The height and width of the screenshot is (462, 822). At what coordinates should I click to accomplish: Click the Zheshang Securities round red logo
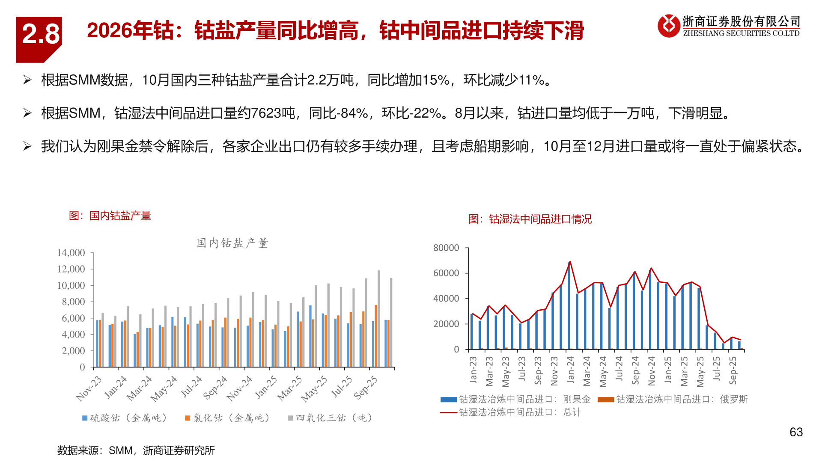click(669, 26)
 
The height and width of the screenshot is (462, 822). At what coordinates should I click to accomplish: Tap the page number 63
click(796, 432)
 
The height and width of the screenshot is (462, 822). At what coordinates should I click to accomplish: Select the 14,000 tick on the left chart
click(71, 253)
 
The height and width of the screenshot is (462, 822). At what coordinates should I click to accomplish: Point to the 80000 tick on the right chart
click(446, 248)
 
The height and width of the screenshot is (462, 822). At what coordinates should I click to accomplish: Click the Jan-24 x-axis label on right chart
click(571, 370)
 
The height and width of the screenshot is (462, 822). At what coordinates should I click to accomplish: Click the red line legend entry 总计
click(511, 412)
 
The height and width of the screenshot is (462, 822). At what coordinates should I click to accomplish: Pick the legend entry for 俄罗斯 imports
click(673, 400)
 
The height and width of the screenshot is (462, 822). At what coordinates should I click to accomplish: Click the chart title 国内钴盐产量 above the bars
click(232, 243)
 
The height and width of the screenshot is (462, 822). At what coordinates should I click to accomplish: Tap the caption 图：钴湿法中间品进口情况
click(530, 219)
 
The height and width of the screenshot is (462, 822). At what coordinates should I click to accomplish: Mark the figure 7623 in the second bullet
click(266, 113)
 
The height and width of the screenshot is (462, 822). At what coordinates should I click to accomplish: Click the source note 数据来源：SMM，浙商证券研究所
click(136, 450)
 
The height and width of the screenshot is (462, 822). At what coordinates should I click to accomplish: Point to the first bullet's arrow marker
click(27, 80)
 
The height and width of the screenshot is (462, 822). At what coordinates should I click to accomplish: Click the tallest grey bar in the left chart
click(378, 319)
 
